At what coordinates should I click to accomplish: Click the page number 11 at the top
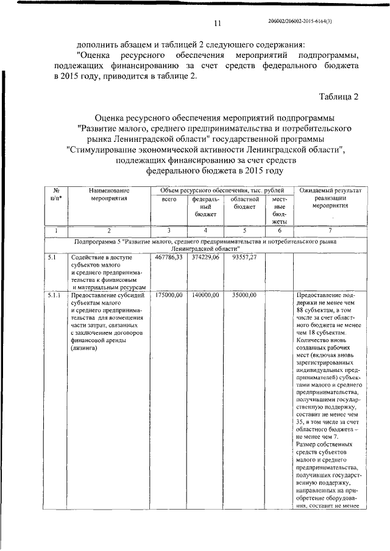(216, 24)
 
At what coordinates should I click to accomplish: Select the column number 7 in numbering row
(330, 231)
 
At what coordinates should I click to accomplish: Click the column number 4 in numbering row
(205, 231)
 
